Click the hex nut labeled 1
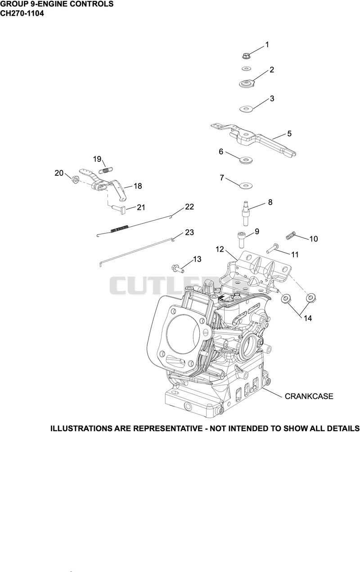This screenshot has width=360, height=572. point(246,55)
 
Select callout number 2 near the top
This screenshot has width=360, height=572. point(272,69)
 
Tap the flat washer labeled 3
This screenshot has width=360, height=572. point(246,109)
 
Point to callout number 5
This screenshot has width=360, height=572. point(289,133)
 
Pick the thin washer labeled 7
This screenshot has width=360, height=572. point(246,185)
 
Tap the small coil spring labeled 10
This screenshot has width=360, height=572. point(291,236)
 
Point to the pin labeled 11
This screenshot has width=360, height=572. point(272,249)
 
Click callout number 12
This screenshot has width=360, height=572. point(220,249)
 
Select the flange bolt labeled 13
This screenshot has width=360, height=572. point(178,268)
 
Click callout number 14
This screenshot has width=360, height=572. point(308,318)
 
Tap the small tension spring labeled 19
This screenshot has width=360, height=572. point(105,170)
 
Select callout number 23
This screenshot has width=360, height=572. point(189,232)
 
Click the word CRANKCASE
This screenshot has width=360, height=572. point(309,396)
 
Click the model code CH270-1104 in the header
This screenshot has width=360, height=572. point(22,13)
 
